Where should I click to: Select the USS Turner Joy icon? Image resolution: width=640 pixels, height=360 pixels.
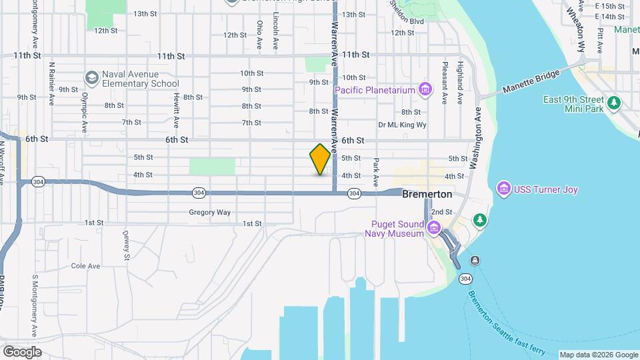(504, 190)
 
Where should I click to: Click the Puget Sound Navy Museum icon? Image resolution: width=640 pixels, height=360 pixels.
(434, 229)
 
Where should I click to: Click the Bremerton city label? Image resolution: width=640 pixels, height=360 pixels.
(427, 195)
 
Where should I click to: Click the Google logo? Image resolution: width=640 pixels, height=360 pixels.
(22, 352)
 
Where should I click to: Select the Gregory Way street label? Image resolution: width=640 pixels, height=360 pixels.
(209, 213)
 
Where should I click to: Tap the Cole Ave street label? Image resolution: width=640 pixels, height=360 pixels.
(85, 266)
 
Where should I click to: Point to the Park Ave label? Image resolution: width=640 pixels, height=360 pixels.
(376, 172)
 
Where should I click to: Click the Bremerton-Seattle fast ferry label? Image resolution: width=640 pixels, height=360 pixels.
(507, 323)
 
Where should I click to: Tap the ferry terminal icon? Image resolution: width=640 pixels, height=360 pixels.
(474, 260)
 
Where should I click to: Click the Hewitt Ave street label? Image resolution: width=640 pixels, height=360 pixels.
(176, 111)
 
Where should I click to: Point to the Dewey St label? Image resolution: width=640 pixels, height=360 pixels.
(125, 245)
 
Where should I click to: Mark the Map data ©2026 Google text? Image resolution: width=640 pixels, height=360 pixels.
(598, 355)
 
